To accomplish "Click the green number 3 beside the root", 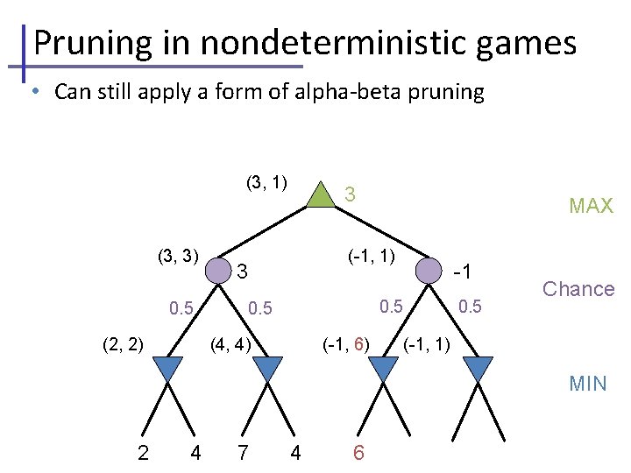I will [x=349, y=194].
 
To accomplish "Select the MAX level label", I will [x=591, y=207].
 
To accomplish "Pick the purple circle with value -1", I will [x=428, y=271].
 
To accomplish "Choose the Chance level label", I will [x=578, y=289].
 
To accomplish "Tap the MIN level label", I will [x=587, y=384].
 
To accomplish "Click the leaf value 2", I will [x=143, y=453].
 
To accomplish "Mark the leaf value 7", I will [x=243, y=453].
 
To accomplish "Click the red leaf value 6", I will [x=358, y=453].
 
